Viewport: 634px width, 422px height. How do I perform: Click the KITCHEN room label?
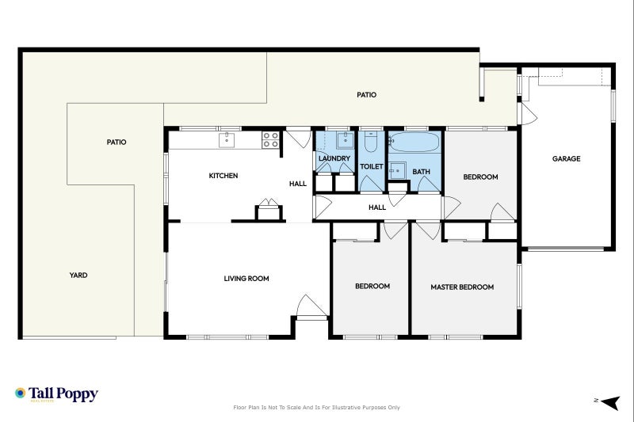click(x=223, y=176)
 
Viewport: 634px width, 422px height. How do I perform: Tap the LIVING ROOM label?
click(x=246, y=279)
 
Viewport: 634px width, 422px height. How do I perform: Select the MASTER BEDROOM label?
click(x=462, y=287)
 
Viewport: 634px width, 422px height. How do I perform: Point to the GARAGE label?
click(x=566, y=159)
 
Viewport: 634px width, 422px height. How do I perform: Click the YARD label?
click(x=78, y=276)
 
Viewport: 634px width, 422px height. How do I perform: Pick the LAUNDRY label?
click(x=334, y=158)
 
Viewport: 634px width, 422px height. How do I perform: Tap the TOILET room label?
click(x=372, y=167)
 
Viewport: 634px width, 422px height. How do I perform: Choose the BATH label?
click(x=421, y=172)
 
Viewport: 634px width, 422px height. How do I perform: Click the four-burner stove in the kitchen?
click(x=269, y=140)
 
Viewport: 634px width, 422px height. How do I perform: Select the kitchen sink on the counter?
click(x=227, y=139)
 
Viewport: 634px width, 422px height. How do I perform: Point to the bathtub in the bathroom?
click(x=414, y=143)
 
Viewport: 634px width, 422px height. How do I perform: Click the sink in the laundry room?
click(x=345, y=141)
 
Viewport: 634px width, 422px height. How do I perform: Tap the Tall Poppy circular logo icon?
click(x=21, y=393)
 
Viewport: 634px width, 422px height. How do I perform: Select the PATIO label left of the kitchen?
click(x=116, y=143)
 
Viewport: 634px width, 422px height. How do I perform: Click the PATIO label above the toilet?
click(x=366, y=95)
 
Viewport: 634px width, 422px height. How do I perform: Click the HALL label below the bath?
click(x=377, y=207)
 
